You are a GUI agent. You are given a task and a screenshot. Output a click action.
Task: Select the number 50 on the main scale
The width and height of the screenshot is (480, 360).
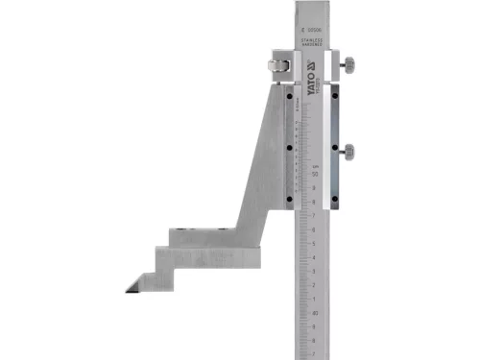[315, 174]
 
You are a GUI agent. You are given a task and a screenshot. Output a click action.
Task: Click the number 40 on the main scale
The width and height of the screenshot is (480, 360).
[315, 313]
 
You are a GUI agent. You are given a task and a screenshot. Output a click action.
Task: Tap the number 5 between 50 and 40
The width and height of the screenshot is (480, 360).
[316, 244]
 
